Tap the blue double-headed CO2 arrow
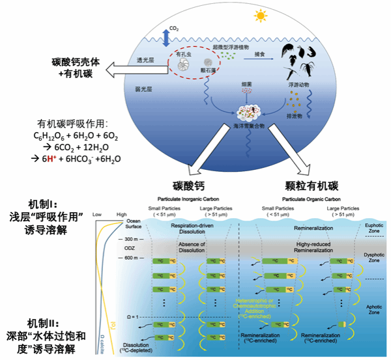coord(165,35)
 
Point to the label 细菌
coord(246,85)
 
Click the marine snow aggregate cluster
coord(247,102)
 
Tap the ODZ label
coord(128,247)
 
